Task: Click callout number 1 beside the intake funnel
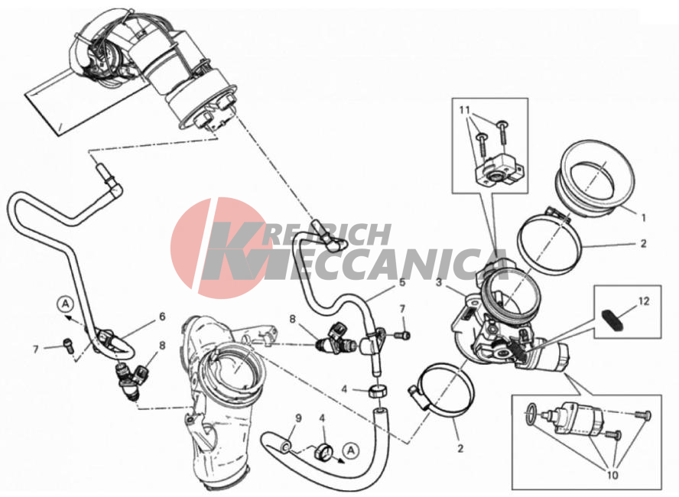coord(644,217)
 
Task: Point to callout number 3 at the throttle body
coord(439,283)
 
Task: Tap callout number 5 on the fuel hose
coord(402,282)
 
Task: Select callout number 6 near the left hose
coord(162,317)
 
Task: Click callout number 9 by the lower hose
coord(298,418)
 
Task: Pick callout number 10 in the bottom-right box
coord(612,475)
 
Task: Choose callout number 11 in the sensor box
coord(465,110)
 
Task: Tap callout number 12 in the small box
coord(644,300)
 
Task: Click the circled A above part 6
coord(66,304)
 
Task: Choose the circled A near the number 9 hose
coord(351,450)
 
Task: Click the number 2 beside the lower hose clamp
coord(460,449)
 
